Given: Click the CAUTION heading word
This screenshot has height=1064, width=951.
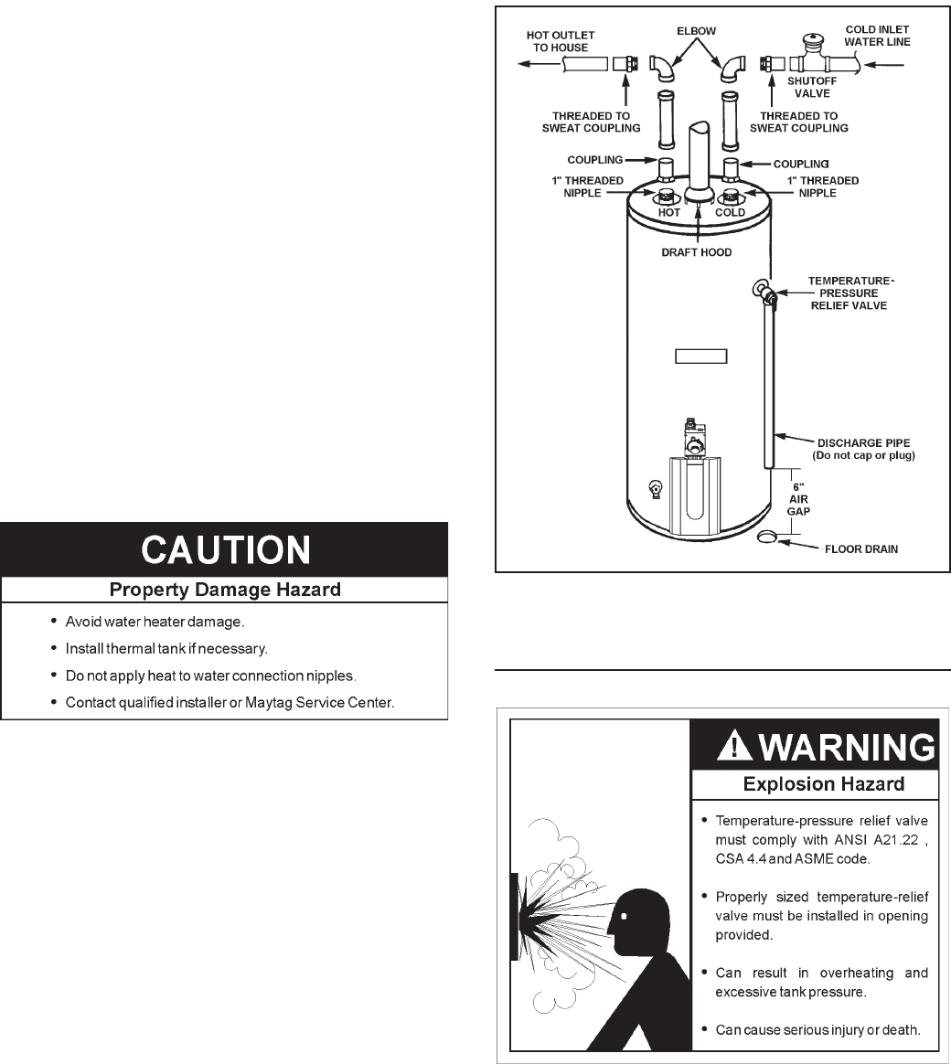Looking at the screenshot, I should click(225, 549).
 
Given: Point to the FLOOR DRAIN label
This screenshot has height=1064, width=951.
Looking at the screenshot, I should click(860, 549).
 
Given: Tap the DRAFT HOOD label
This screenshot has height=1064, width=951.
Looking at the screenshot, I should click(697, 252).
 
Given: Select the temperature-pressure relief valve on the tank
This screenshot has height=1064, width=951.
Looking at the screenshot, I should click(764, 292).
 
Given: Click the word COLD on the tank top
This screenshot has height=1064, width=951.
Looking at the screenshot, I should click(730, 212).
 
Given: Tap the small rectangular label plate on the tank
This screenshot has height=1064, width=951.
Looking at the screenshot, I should click(700, 356).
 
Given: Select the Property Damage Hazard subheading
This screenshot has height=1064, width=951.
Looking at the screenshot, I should click(225, 590).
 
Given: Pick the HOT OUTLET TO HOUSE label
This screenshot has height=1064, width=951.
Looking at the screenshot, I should click(561, 41).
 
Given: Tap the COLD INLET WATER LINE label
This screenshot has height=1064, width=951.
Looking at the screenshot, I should click(877, 35).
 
